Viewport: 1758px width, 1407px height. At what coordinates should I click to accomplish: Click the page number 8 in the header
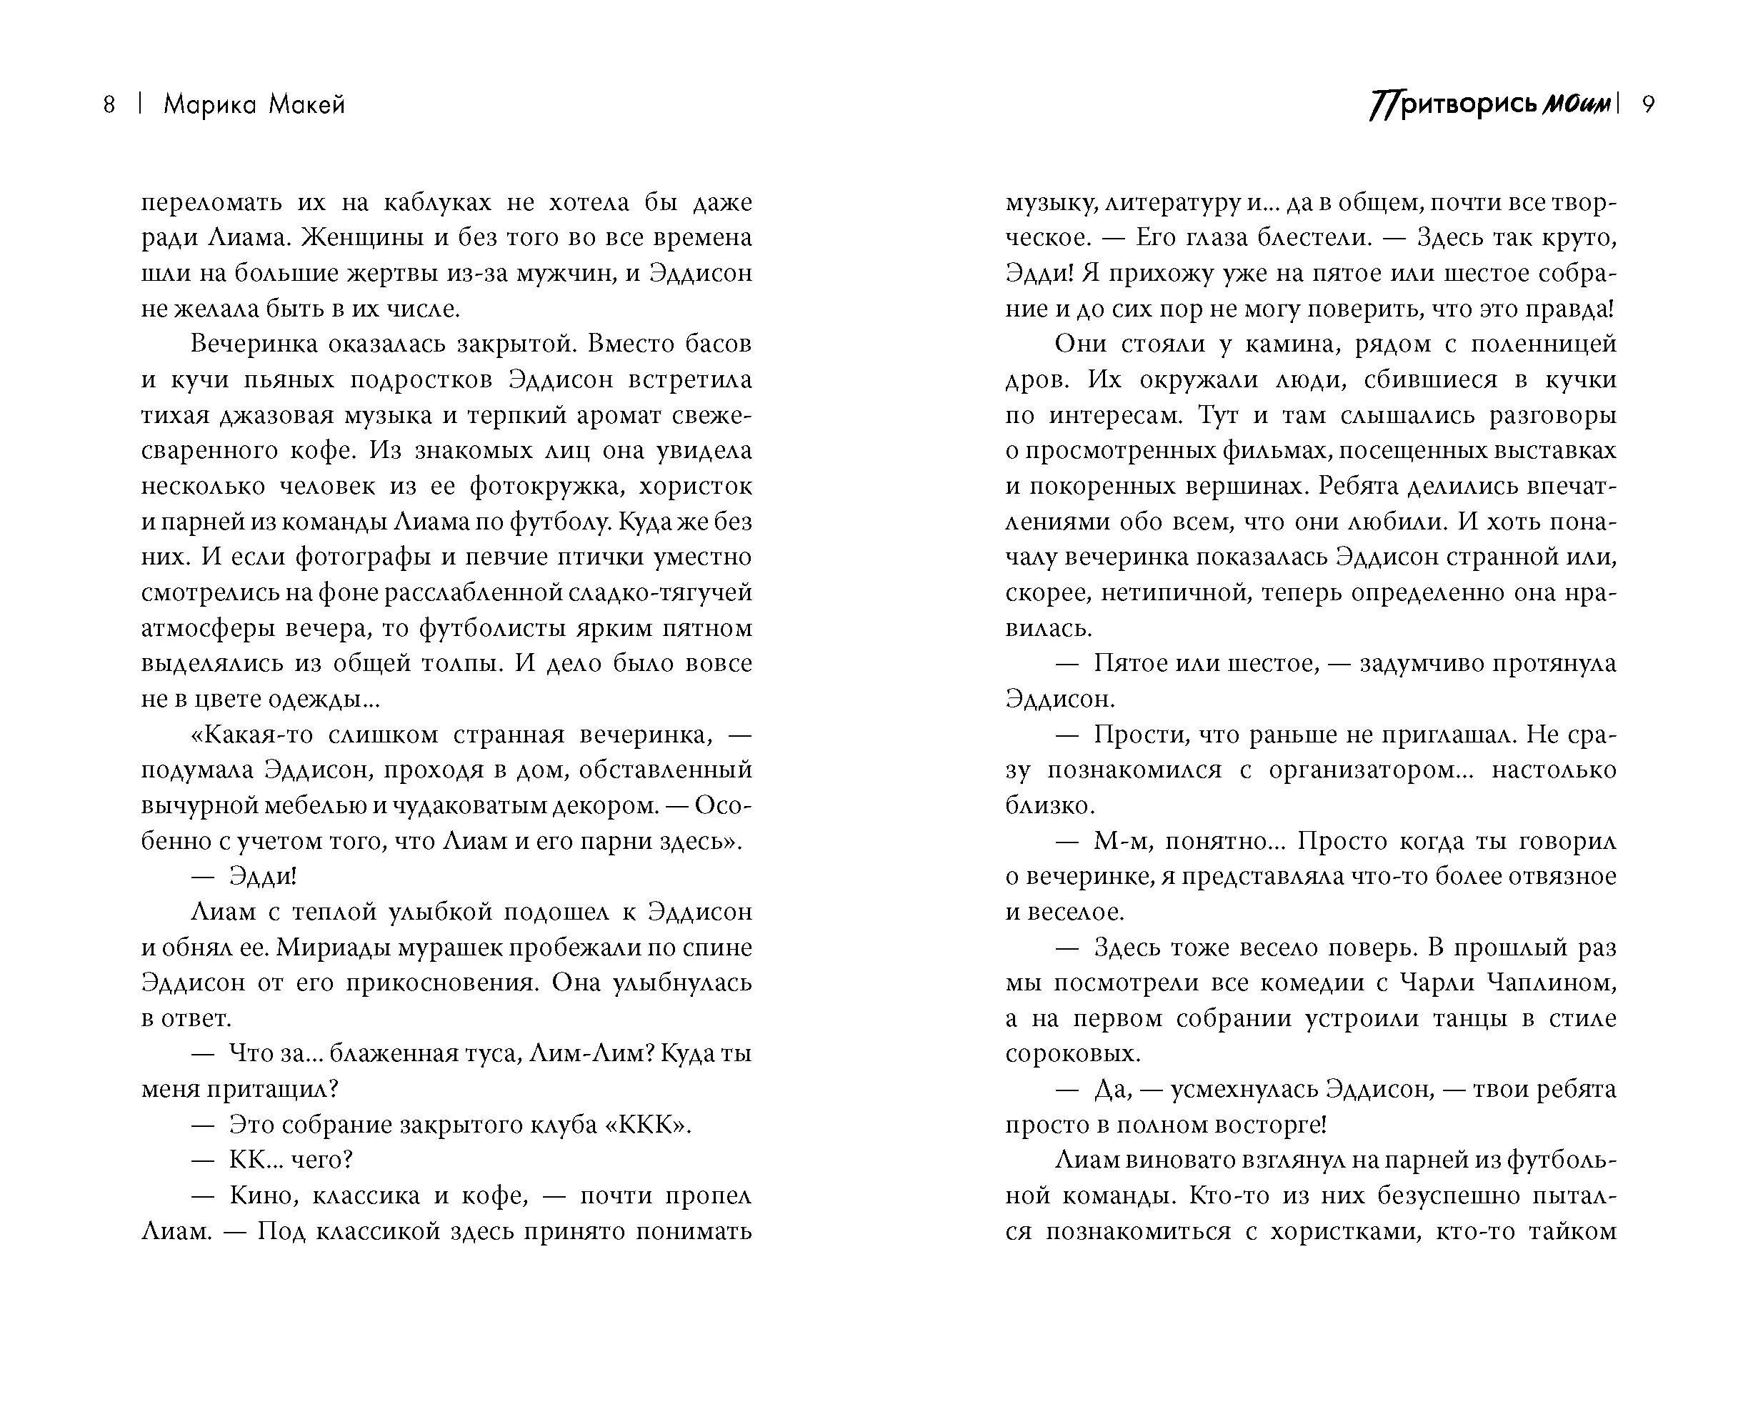click(109, 105)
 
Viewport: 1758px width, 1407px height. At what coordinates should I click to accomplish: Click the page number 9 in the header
click(1647, 105)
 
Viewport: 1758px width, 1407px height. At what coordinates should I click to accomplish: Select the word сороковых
click(1072, 1054)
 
